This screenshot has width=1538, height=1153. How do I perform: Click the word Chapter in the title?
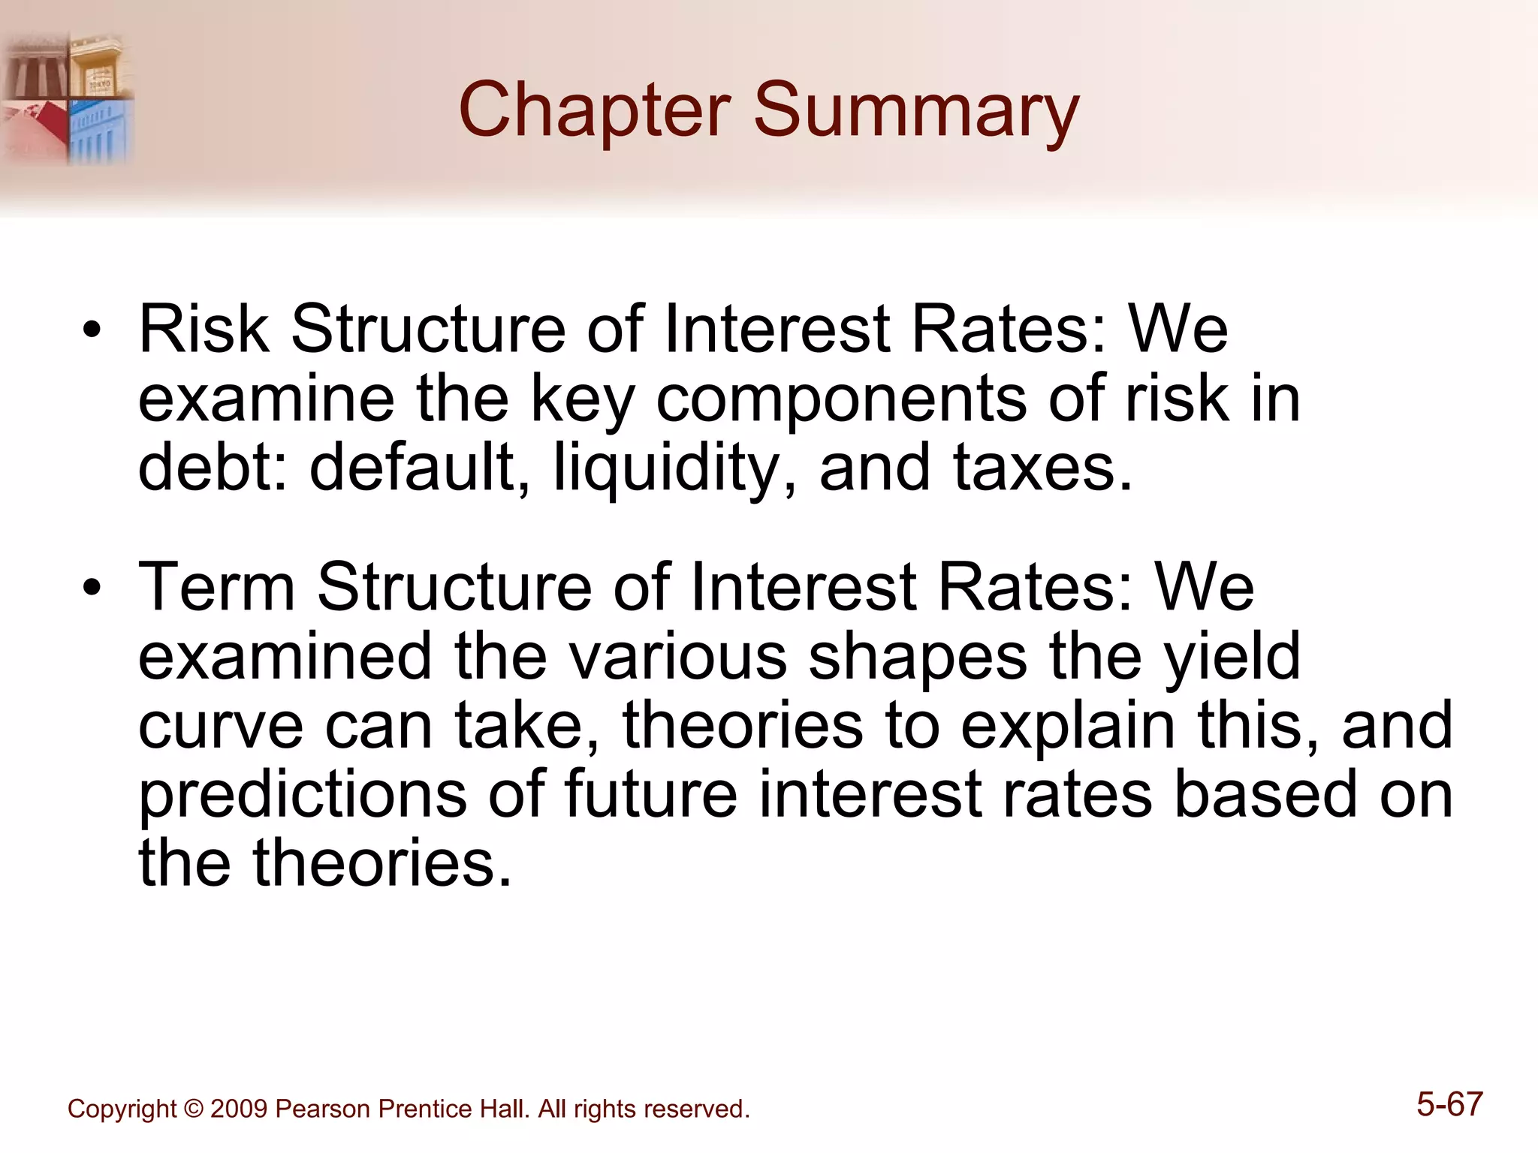[594, 111]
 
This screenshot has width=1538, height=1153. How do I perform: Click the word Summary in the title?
[915, 111]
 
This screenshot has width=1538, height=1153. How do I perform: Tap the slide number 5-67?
[1449, 1104]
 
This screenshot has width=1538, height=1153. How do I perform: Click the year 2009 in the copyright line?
[238, 1109]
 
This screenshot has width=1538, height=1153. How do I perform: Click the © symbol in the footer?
[194, 1109]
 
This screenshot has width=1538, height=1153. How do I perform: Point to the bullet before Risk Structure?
[92, 330]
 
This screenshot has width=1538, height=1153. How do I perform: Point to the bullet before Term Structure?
[92, 588]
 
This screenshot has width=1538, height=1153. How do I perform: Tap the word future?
[650, 794]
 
